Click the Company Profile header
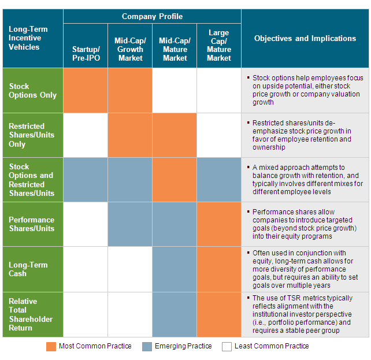152,16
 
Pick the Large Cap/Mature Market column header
219,45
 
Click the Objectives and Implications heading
305,38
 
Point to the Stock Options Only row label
32,91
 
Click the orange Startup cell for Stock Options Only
86,91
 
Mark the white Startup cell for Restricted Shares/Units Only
86,135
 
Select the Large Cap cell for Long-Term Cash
219,269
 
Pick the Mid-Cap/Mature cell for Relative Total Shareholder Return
175,314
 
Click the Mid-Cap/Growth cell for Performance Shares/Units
130,224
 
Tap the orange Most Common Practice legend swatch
51,347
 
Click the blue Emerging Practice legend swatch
147,347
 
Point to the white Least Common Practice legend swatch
227,347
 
